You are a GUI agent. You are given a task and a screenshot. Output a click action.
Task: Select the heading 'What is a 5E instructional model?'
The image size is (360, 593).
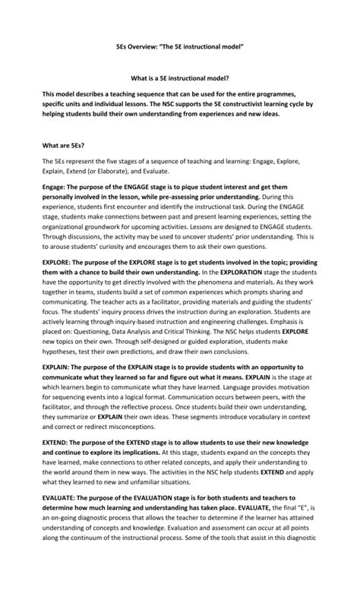pyautogui.click(x=179, y=78)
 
